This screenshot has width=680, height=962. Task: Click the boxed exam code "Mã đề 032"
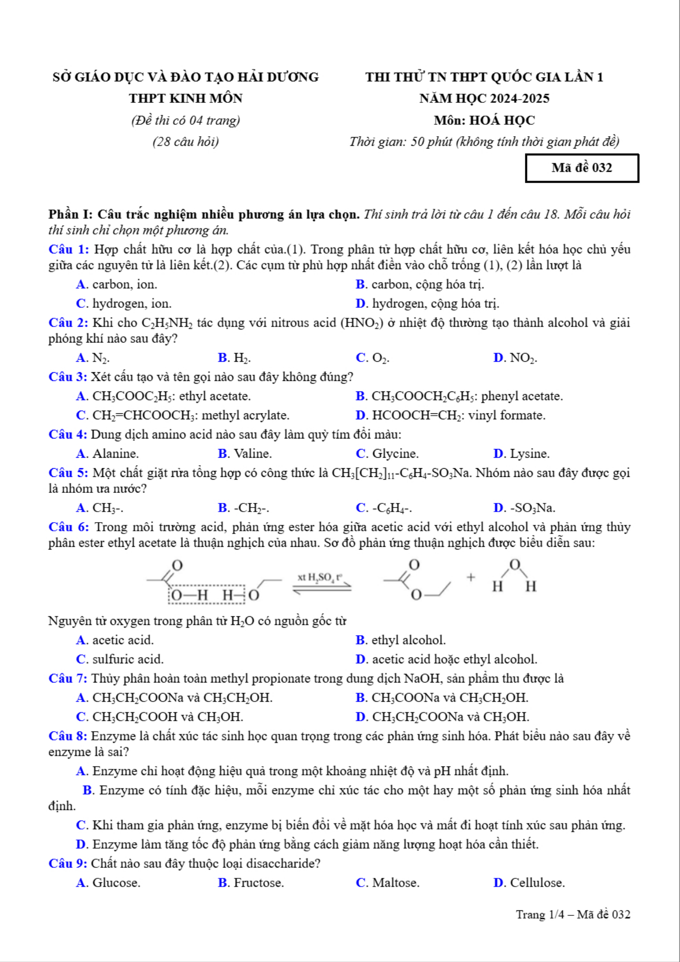581,168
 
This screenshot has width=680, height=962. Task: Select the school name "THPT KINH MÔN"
185,98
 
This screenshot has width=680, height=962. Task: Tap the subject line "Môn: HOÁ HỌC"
484,120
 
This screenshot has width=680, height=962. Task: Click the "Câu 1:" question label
68,249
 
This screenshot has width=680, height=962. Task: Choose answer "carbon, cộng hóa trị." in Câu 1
420,285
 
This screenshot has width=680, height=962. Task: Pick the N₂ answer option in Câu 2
93,358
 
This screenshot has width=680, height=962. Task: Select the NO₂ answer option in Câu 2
515,358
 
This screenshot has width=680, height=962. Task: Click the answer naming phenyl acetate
459,396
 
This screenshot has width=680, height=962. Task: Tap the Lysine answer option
522,454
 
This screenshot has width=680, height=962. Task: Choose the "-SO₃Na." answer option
524,508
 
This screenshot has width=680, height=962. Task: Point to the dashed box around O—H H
207,594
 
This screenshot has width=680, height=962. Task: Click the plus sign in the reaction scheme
471,577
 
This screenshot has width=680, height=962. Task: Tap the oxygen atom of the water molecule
514,565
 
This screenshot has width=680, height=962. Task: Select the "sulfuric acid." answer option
120,659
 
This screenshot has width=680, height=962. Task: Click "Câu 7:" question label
68,678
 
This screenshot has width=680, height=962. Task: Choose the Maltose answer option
387,883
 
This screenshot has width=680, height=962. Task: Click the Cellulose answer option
529,883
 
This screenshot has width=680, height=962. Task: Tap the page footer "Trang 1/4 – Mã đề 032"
573,914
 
